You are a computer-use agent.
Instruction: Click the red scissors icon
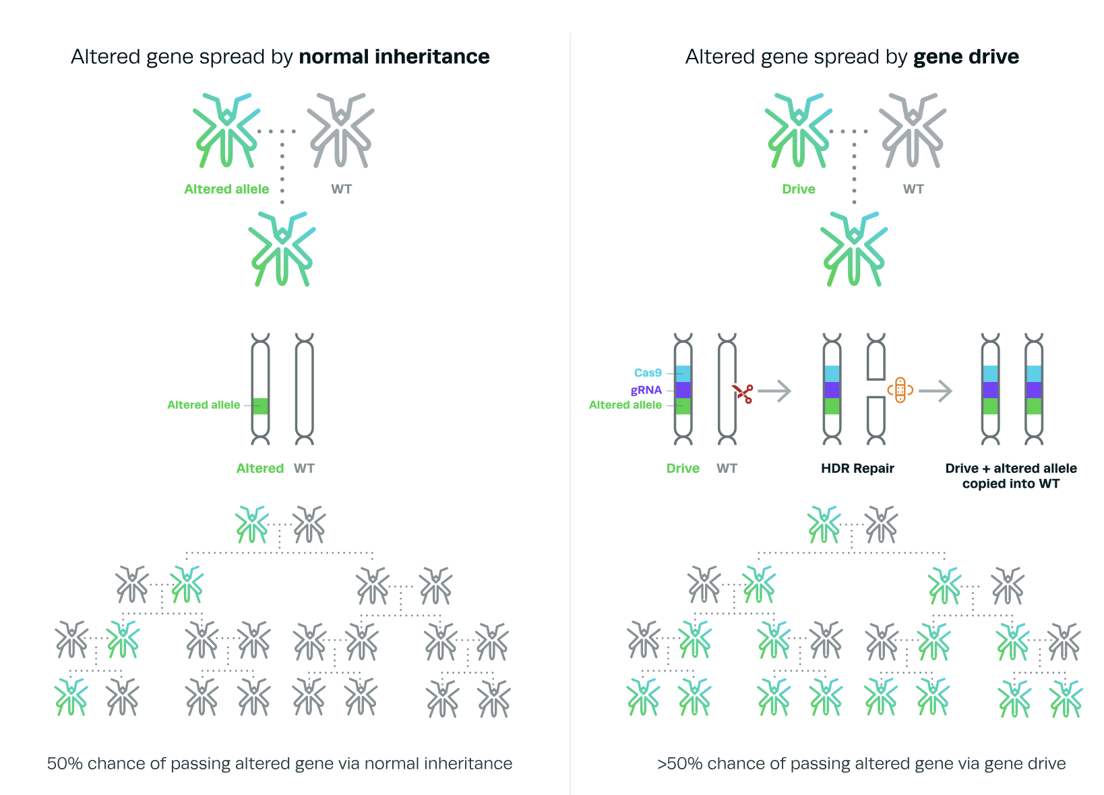pos(743,393)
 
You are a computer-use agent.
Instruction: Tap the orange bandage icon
pos(900,390)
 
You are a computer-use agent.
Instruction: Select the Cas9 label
pos(648,373)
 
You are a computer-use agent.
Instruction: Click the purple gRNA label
pos(646,390)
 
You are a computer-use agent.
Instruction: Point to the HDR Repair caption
pos(857,468)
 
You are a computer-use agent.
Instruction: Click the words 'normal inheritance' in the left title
pos(394,57)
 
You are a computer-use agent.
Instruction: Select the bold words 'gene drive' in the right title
pos(966,57)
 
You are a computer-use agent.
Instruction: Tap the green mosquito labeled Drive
pos(799,130)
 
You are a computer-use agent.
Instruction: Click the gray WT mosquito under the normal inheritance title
pos(340,130)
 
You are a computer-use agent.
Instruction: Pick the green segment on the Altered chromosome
pos(260,406)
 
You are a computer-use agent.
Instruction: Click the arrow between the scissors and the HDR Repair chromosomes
pos(774,391)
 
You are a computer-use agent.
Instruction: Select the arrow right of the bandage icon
pos(936,391)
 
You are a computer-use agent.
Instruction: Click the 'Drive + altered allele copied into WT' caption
pos(1011,476)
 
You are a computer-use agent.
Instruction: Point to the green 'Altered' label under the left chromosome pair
pos(260,468)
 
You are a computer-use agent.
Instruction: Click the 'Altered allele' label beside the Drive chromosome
pos(625,405)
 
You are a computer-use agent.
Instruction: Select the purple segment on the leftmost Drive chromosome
pos(683,390)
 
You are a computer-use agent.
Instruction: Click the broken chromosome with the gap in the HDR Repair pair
pos(876,389)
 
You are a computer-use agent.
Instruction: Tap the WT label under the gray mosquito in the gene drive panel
pos(913,189)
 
